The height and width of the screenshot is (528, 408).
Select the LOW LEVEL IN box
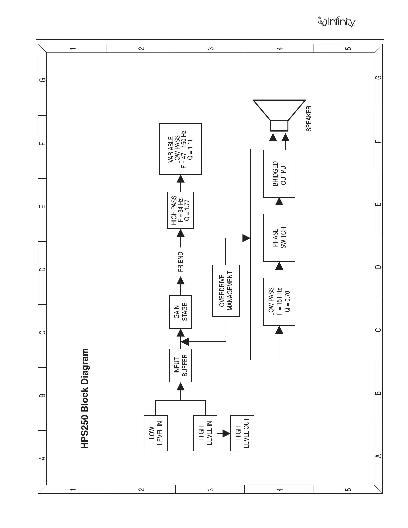(x=156, y=433)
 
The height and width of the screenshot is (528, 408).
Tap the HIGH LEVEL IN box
(x=205, y=433)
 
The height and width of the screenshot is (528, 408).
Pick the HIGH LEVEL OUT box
(x=242, y=433)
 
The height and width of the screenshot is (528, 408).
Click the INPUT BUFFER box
(x=181, y=365)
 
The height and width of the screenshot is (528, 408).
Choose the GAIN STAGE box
(x=181, y=312)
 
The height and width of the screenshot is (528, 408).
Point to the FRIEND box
(x=180, y=262)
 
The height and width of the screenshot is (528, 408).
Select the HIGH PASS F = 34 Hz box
(x=180, y=210)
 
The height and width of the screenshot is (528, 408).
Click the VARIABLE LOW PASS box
(x=180, y=149)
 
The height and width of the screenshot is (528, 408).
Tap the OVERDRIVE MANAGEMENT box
(x=226, y=291)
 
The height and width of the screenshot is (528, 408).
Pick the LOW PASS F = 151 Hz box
(x=279, y=302)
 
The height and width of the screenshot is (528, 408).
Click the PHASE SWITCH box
(x=279, y=238)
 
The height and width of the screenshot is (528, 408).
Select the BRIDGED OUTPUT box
(x=279, y=174)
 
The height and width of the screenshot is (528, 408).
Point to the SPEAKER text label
(x=309, y=118)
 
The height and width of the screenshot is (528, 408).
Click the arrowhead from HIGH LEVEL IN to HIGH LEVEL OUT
(x=226, y=433)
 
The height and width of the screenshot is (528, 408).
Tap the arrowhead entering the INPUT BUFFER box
(x=181, y=386)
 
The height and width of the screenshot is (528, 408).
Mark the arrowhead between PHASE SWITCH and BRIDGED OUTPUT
(x=279, y=202)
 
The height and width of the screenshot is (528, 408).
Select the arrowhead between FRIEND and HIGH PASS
(x=180, y=233)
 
